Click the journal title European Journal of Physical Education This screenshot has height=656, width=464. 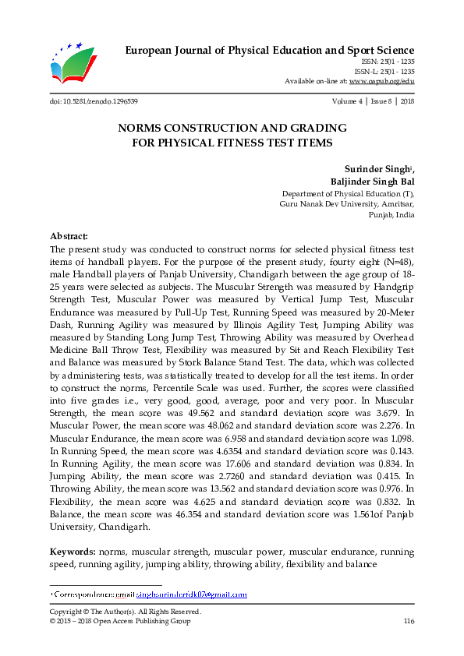pos(270,51)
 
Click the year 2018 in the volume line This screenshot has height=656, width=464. pos(406,102)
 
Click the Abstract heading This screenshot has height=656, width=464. pos(69,235)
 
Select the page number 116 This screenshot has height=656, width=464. pos(408,621)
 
